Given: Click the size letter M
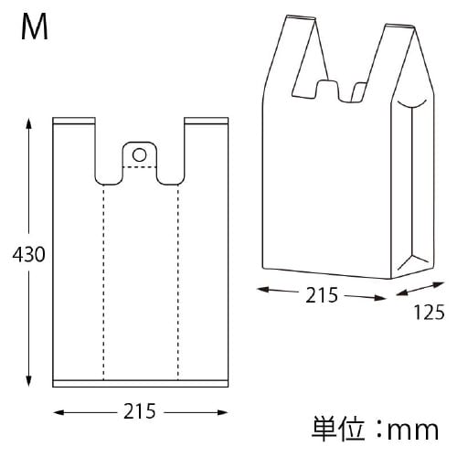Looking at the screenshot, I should point(35,27).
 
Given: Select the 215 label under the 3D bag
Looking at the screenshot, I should point(323,294).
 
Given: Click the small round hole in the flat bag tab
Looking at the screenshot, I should point(138,153).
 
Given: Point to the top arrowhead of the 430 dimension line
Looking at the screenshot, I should point(30,121).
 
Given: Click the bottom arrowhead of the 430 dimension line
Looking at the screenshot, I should point(30,385).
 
